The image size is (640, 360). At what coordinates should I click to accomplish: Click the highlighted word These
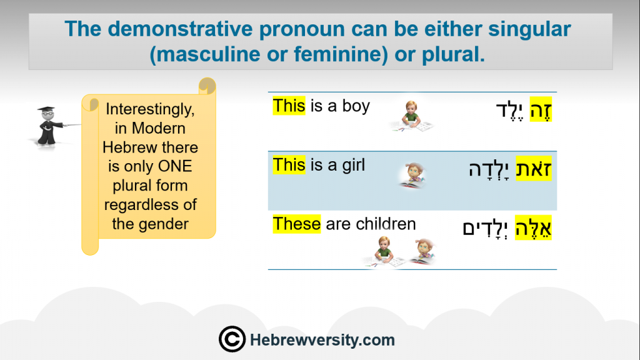coord(297,224)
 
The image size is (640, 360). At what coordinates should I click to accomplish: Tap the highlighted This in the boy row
coord(289,106)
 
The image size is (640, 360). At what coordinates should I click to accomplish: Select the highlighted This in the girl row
coord(289,165)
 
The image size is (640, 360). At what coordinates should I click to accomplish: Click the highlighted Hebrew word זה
coord(541,110)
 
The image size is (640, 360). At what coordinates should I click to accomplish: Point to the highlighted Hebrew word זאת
coord(534,168)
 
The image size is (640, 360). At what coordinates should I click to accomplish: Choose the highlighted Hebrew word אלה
coord(534,227)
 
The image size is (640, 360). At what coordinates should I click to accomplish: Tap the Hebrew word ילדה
coord(489,169)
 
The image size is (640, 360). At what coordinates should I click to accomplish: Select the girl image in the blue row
coord(414,175)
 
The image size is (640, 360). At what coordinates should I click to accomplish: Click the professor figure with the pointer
coord(51,126)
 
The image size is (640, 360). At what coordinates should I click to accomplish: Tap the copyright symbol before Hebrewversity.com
coord(232,339)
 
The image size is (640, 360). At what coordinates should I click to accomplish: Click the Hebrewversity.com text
coord(322,340)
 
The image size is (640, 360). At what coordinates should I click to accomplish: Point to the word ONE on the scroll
coord(175,166)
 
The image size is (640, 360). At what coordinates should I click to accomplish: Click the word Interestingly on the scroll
coord(150,109)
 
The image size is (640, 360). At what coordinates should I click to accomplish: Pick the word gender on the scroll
coord(163,224)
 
